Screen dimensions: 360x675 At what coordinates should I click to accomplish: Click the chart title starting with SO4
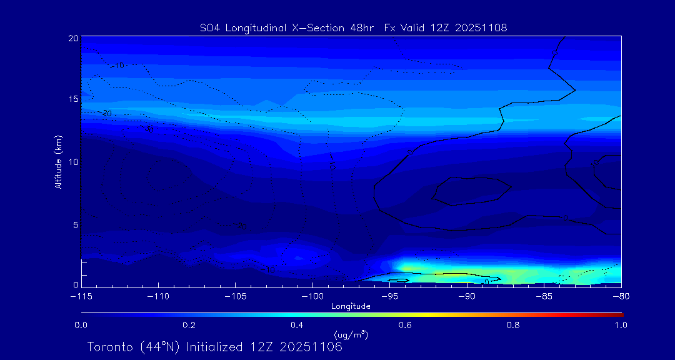tap(353, 27)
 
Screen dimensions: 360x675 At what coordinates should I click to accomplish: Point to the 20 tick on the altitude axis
tap(73, 38)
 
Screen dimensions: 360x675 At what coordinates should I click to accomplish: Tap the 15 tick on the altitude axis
tap(73, 99)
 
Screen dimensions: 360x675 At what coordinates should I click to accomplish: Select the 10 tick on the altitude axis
tap(73, 162)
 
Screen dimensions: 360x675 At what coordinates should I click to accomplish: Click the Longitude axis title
tap(351, 306)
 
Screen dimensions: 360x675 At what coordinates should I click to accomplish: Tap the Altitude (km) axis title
tap(58, 162)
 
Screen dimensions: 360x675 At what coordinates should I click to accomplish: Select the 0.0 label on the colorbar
tap(81, 325)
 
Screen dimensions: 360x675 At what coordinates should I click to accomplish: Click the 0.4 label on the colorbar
tap(297, 325)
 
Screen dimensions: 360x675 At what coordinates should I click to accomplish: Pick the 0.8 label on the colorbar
tap(513, 325)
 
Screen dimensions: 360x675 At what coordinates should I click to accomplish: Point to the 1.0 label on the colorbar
tap(621, 325)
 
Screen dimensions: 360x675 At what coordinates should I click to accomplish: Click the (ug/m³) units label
tap(351, 335)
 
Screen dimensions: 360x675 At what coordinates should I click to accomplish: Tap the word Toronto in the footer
tap(109, 347)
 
